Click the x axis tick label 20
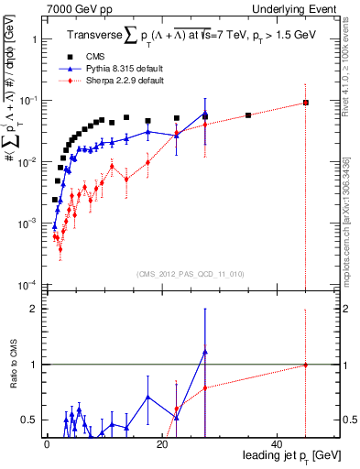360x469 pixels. [x=162, y=444]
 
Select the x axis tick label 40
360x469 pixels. [x=278, y=444]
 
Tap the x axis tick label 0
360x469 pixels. [x=46, y=444]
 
